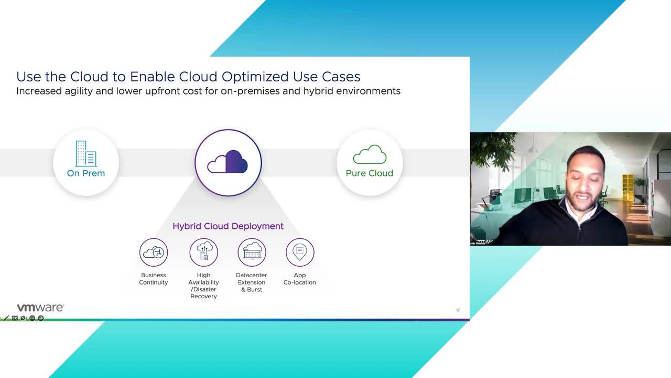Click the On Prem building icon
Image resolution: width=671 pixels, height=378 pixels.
click(86, 153)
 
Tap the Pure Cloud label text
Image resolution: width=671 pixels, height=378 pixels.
click(369, 173)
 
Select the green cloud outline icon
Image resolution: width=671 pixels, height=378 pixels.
click(370, 155)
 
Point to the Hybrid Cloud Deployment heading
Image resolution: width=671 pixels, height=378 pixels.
click(228, 226)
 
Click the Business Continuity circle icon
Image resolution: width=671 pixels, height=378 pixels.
click(154, 253)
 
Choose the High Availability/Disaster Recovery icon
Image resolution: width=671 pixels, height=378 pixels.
click(203, 253)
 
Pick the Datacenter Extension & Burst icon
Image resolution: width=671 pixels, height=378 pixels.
click(252, 253)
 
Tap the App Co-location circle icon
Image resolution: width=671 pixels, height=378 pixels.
click(300, 253)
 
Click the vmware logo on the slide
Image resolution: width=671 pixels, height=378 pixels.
click(40, 308)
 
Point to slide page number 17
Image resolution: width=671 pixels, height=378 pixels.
click(458, 310)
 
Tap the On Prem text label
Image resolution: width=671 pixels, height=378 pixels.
click(86, 173)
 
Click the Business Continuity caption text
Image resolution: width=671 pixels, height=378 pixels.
click(154, 279)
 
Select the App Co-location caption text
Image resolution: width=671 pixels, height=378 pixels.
click(300, 279)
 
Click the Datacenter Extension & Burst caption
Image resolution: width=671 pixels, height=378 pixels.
click(252, 282)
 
